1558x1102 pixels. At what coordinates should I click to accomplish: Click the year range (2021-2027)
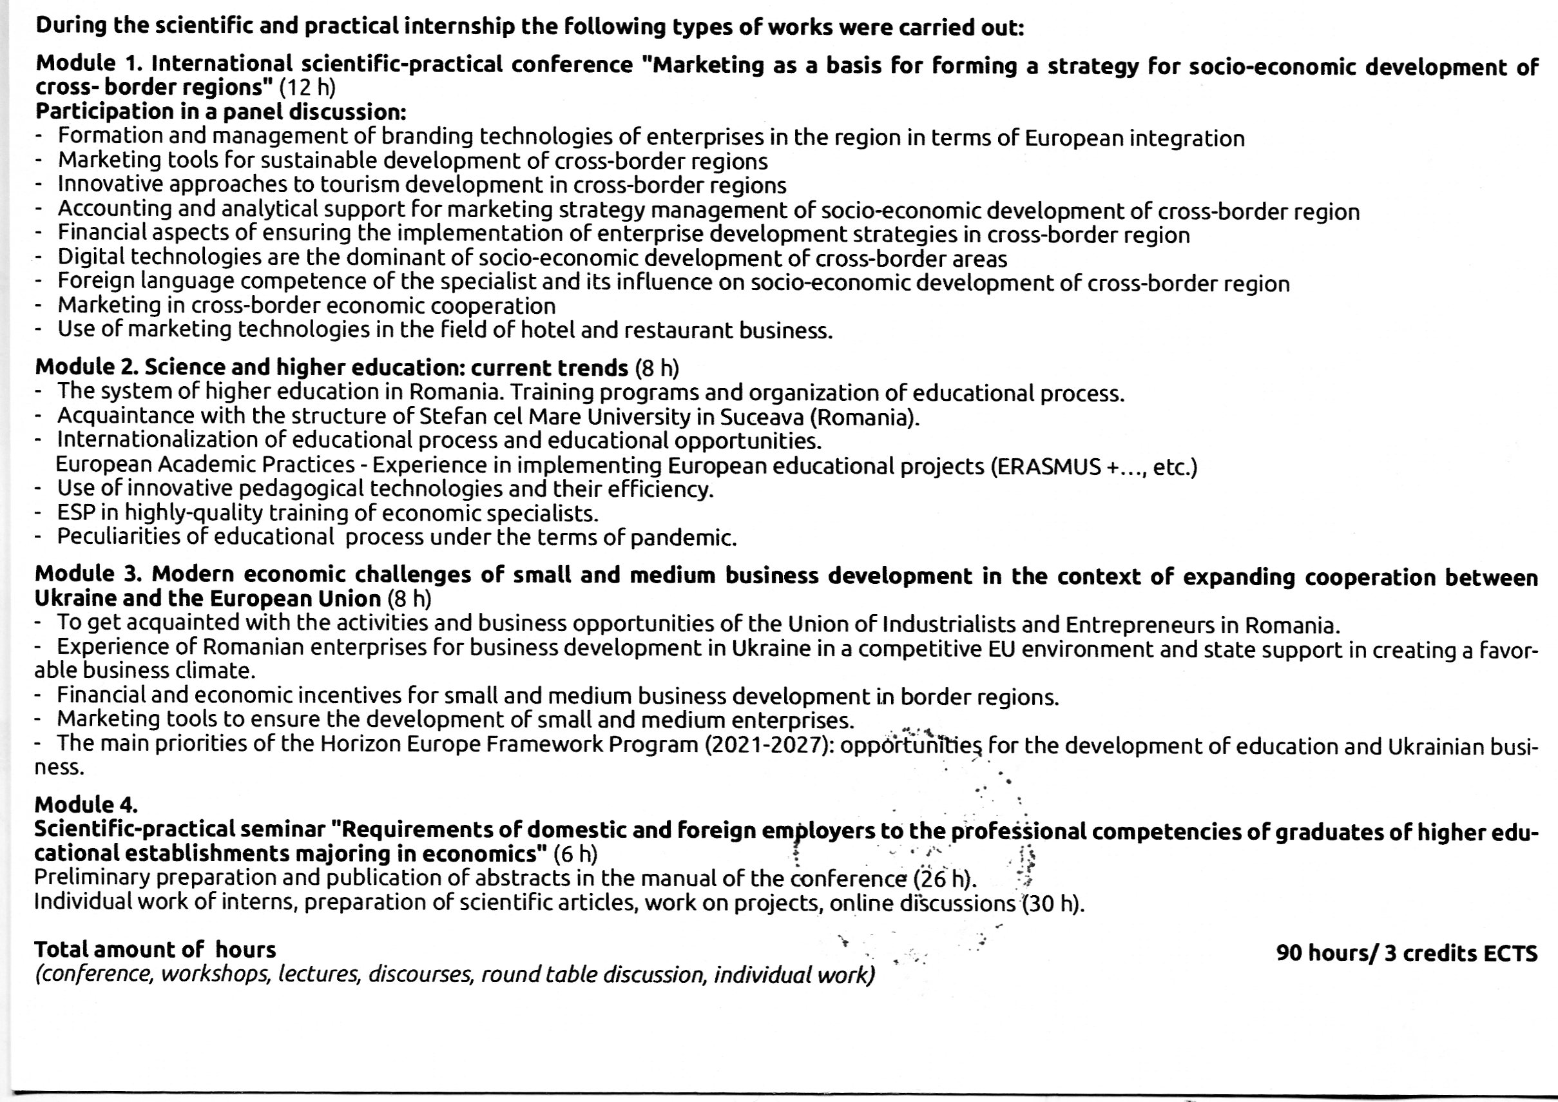[x=769, y=744]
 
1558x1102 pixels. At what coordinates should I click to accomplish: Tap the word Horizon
[x=360, y=744]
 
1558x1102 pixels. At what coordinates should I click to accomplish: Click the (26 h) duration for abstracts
[x=943, y=879]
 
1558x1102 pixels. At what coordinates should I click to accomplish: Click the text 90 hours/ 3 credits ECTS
[x=1406, y=952]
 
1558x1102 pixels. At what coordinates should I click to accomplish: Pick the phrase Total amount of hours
[x=155, y=949]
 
